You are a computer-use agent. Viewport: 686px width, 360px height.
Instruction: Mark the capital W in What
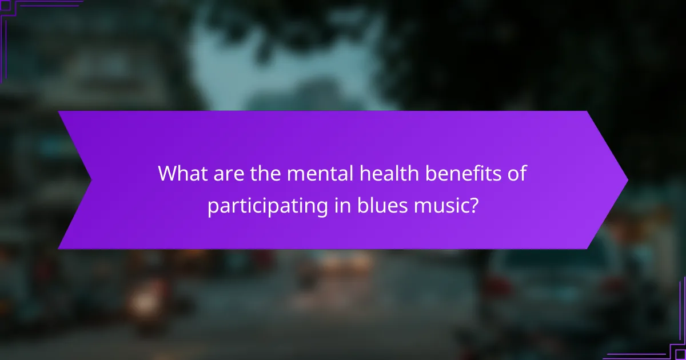[169, 173]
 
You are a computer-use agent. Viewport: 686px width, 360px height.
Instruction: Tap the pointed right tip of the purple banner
[627, 180]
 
